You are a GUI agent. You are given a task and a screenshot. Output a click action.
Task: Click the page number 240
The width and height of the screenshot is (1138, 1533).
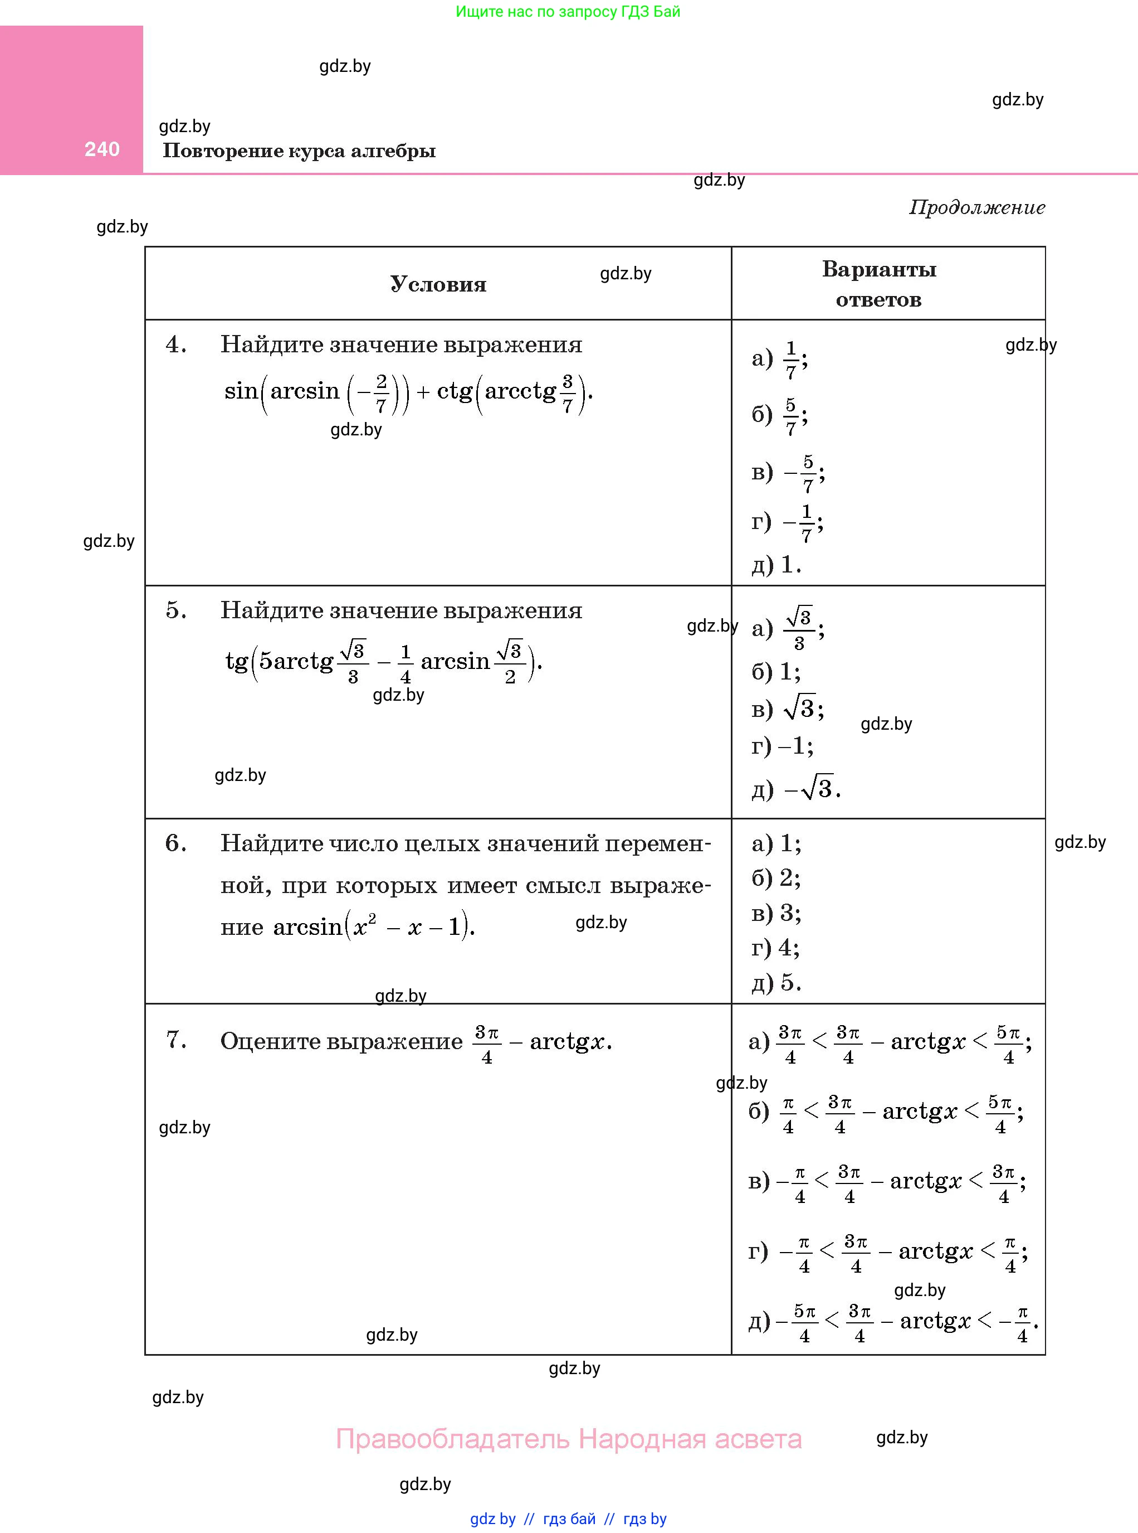click(102, 149)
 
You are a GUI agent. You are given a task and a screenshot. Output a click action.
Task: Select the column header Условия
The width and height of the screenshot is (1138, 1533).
click(438, 284)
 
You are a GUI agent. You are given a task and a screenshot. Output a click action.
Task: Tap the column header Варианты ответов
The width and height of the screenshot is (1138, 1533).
click(879, 284)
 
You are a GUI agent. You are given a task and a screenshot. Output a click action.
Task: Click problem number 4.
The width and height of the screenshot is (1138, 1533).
click(175, 344)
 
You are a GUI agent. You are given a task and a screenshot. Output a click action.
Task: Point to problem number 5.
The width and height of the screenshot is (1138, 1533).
click(175, 610)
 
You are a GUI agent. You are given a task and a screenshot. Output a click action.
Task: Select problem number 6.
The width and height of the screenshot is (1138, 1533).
click(175, 843)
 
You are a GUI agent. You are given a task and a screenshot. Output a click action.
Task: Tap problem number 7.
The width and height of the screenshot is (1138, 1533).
click(175, 1040)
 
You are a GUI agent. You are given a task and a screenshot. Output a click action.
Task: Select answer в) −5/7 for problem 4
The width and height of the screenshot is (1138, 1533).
click(788, 473)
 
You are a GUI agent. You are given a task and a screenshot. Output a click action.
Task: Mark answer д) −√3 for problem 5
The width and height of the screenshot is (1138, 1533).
click(795, 789)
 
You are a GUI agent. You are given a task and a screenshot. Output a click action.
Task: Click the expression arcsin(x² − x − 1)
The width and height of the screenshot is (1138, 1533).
click(373, 926)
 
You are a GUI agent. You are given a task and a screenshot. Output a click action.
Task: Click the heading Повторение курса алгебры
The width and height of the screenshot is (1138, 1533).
click(299, 151)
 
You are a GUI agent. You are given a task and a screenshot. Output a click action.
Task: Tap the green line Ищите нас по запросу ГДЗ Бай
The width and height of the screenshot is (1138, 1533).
click(568, 12)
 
